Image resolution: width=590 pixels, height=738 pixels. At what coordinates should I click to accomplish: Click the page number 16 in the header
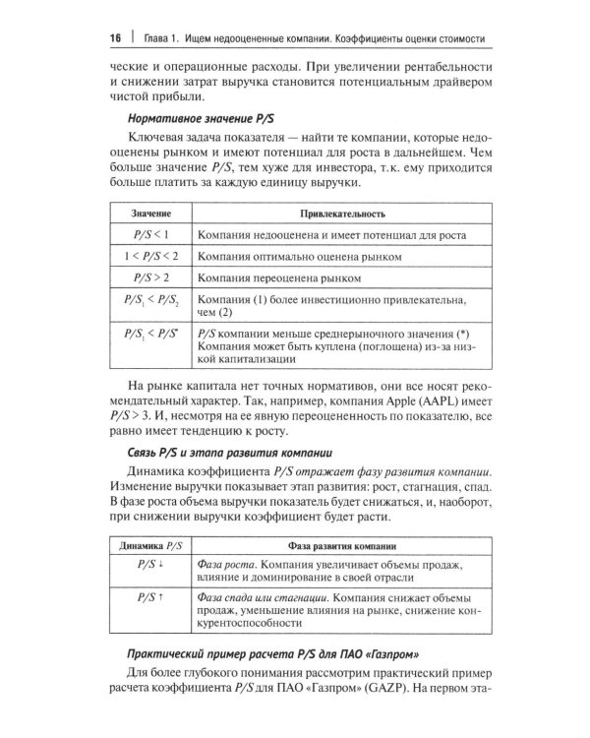pyautogui.click(x=114, y=37)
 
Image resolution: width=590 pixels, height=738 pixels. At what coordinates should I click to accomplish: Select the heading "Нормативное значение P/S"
pyautogui.click(x=200, y=118)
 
